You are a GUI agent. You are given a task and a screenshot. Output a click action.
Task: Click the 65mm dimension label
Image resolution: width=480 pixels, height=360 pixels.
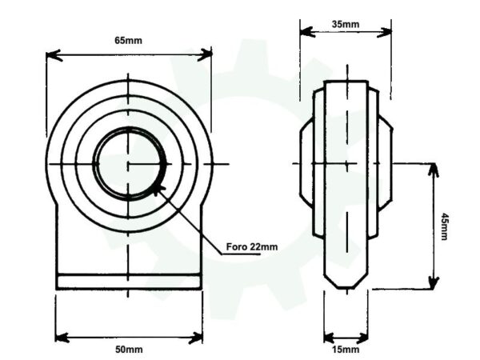click(x=128, y=39)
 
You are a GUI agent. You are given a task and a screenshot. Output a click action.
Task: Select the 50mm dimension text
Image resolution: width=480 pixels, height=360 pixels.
click(x=128, y=350)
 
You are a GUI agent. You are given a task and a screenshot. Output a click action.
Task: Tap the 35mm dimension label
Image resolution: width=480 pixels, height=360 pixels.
click(x=345, y=24)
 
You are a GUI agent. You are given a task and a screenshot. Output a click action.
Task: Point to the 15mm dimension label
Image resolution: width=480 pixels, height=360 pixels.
click(x=345, y=350)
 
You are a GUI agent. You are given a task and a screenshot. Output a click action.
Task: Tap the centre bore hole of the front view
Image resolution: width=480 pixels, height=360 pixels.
click(x=128, y=164)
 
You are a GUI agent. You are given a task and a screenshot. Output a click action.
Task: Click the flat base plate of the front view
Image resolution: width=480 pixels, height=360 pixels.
click(x=128, y=282)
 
